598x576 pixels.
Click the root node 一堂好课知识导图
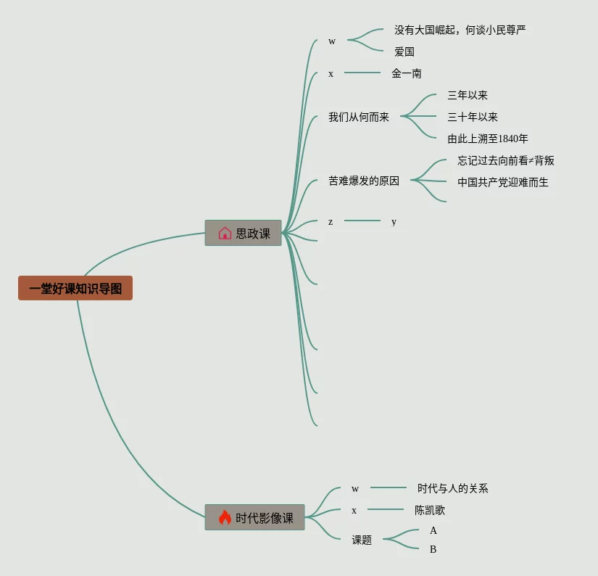pyautogui.click(x=75, y=288)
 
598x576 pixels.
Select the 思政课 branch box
pyautogui.click(x=243, y=233)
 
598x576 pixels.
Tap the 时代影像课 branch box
pyautogui.click(x=254, y=517)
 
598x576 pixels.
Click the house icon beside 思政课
pyautogui.click(x=225, y=233)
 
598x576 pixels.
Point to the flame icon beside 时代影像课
pyautogui.click(x=225, y=517)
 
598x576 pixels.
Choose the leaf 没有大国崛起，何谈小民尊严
pyautogui.click(x=460, y=30)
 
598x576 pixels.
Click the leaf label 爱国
pyautogui.click(x=404, y=52)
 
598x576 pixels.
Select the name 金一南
pyautogui.click(x=407, y=73)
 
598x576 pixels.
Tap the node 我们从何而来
pyautogui.click(x=359, y=117)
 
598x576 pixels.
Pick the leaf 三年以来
pyautogui.click(x=468, y=95)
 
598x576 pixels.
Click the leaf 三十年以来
pyautogui.click(x=473, y=117)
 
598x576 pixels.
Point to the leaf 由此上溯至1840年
pyautogui.click(x=488, y=139)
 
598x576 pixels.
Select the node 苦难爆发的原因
pyautogui.click(x=364, y=181)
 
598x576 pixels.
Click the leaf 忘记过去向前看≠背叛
pyautogui.click(x=506, y=160)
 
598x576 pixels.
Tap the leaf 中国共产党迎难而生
pyautogui.click(x=503, y=182)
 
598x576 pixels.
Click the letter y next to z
pyautogui.click(x=394, y=221)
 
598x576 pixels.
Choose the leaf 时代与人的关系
pyautogui.click(x=453, y=488)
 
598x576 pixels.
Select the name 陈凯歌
pyautogui.click(x=430, y=510)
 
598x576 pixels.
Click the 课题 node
pyautogui.click(x=362, y=540)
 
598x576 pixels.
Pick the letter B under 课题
pyautogui.click(x=433, y=549)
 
